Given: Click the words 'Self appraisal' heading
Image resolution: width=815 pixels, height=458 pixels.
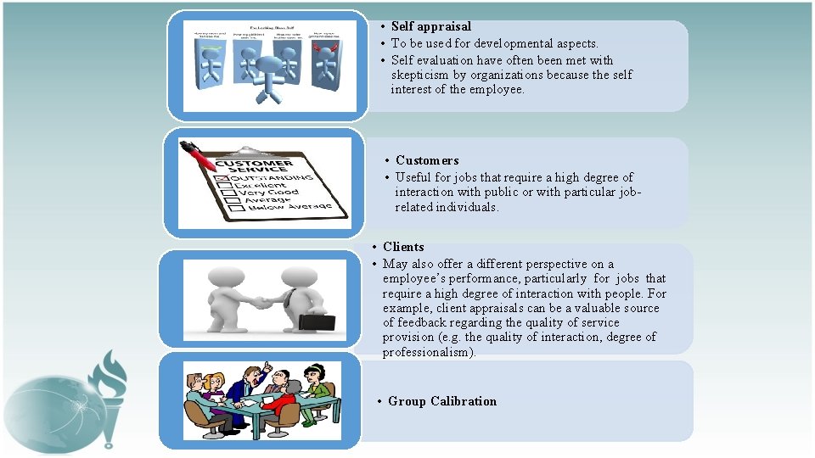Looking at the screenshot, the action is pyautogui.click(x=430, y=27).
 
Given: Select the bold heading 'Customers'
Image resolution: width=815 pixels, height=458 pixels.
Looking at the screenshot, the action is pyautogui.click(x=426, y=160).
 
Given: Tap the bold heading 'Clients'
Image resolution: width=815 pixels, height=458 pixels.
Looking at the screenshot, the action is pyautogui.click(x=403, y=247).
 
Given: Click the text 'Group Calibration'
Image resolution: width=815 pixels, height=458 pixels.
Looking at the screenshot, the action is pyautogui.click(x=441, y=401).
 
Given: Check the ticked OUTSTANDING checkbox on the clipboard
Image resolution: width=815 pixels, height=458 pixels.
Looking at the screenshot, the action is pyautogui.click(x=222, y=179).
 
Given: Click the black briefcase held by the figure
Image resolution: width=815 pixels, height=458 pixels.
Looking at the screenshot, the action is pyautogui.click(x=316, y=322).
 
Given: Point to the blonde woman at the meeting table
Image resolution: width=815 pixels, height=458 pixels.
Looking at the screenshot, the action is pyautogui.click(x=215, y=383).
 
